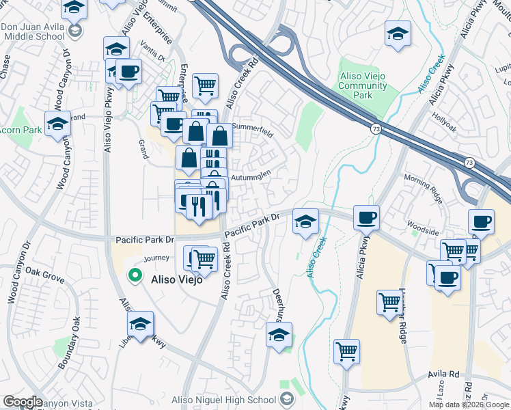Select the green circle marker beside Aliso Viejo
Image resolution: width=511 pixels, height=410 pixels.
pos(135,276)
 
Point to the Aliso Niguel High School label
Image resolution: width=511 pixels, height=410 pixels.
pos(234,400)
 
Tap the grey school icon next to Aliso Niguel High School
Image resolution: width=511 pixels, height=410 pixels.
pos(287,400)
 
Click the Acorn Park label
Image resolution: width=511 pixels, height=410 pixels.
pos(15,129)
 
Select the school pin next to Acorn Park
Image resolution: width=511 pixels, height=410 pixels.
pos(57,124)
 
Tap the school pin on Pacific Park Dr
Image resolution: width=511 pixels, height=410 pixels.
pos(306,221)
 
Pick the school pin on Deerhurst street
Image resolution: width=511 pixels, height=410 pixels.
pos(278,336)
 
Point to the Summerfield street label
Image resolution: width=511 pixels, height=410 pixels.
pos(252,128)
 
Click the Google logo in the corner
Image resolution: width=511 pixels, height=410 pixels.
pos(23,401)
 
